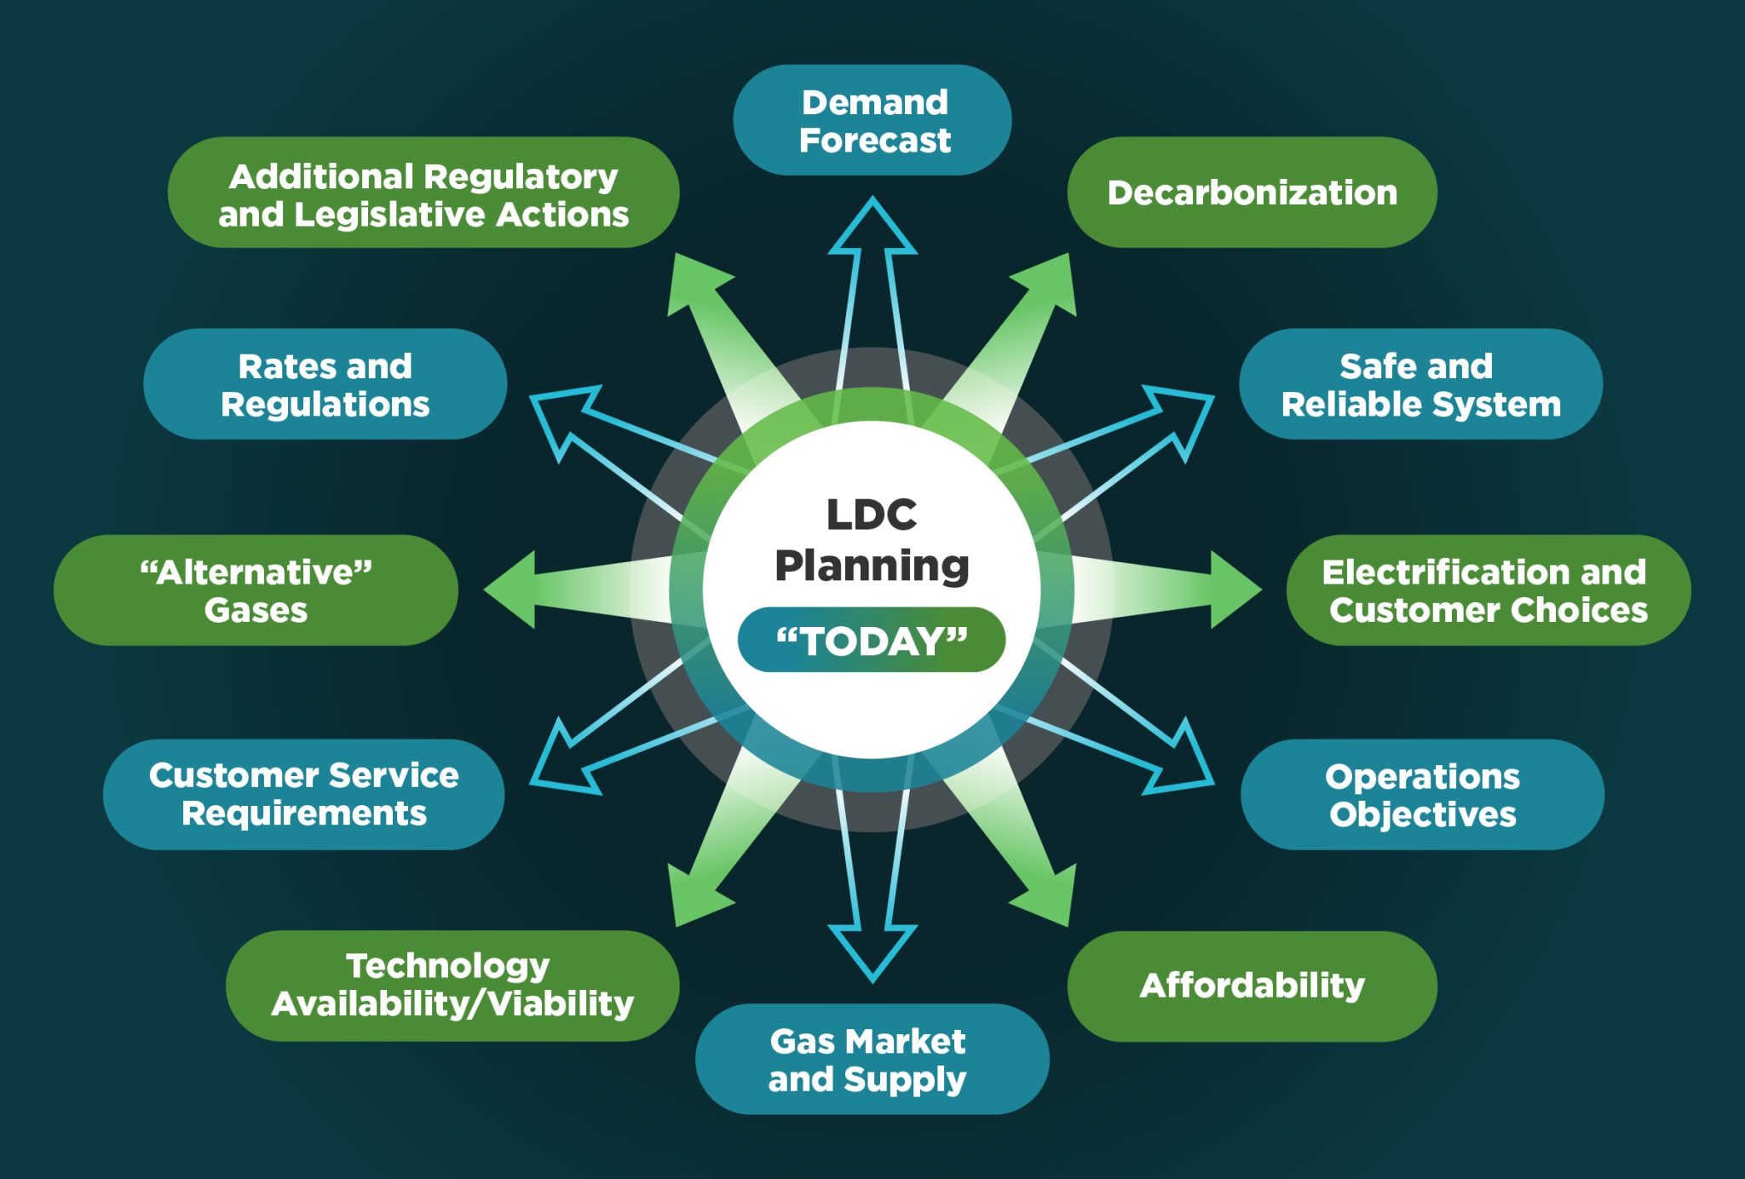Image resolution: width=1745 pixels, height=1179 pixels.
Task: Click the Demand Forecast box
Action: click(872, 120)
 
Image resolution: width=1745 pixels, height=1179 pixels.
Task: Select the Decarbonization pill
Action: click(1252, 193)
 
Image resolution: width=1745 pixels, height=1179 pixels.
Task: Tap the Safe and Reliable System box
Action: click(1420, 384)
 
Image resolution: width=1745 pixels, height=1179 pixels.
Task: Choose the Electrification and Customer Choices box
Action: click(1488, 590)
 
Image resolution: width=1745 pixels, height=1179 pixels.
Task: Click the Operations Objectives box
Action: click(1422, 795)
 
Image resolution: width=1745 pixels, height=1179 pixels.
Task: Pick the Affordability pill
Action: click(1252, 986)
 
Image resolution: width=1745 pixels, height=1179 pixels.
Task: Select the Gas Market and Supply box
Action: click(872, 1059)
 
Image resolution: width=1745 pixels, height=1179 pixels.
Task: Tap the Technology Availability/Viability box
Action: click(452, 986)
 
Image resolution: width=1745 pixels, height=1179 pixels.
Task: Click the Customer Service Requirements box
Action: click(304, 794)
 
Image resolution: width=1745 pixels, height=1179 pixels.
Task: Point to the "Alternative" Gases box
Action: click(256, 590)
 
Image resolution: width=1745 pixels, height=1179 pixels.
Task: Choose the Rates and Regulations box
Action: click(325, 384)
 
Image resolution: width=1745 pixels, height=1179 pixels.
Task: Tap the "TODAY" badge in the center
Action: click(872, 640)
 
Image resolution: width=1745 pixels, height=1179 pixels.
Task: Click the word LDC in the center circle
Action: click(872, 515)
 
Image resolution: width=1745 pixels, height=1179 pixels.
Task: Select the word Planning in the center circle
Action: click(872, 566)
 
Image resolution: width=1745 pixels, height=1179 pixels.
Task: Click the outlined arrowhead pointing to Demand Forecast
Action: click(872, 228)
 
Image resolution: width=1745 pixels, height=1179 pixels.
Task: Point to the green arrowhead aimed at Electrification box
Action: click(1233, 589)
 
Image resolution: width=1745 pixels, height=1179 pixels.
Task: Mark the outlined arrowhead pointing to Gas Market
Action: click(872, 951)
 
